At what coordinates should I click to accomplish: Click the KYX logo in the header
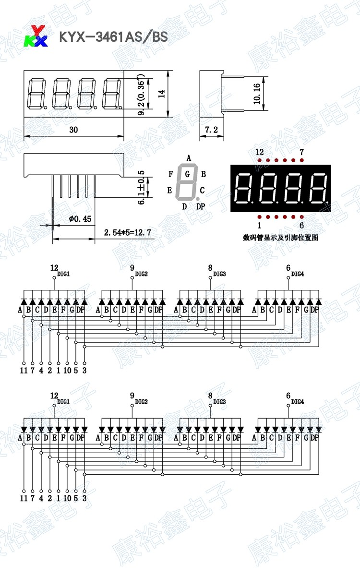36,36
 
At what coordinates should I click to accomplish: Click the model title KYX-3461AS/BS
113,37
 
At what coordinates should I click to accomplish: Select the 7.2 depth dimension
212,130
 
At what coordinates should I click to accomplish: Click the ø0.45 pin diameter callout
80,219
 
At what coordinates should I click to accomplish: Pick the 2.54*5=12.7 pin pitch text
128,233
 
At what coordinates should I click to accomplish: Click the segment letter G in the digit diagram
187,173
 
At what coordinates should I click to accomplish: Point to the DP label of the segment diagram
201,206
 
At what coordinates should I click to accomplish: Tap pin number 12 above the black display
260,152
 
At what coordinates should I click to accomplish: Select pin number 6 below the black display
301,225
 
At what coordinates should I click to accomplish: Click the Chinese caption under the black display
281,237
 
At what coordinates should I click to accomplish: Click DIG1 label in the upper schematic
63,274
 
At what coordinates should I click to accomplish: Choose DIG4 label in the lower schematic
298,401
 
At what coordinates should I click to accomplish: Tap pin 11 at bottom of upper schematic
24,370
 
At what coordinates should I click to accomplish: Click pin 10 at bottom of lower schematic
67,498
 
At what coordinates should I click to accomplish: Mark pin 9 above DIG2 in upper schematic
132,268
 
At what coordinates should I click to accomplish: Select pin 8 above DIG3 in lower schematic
210,396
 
